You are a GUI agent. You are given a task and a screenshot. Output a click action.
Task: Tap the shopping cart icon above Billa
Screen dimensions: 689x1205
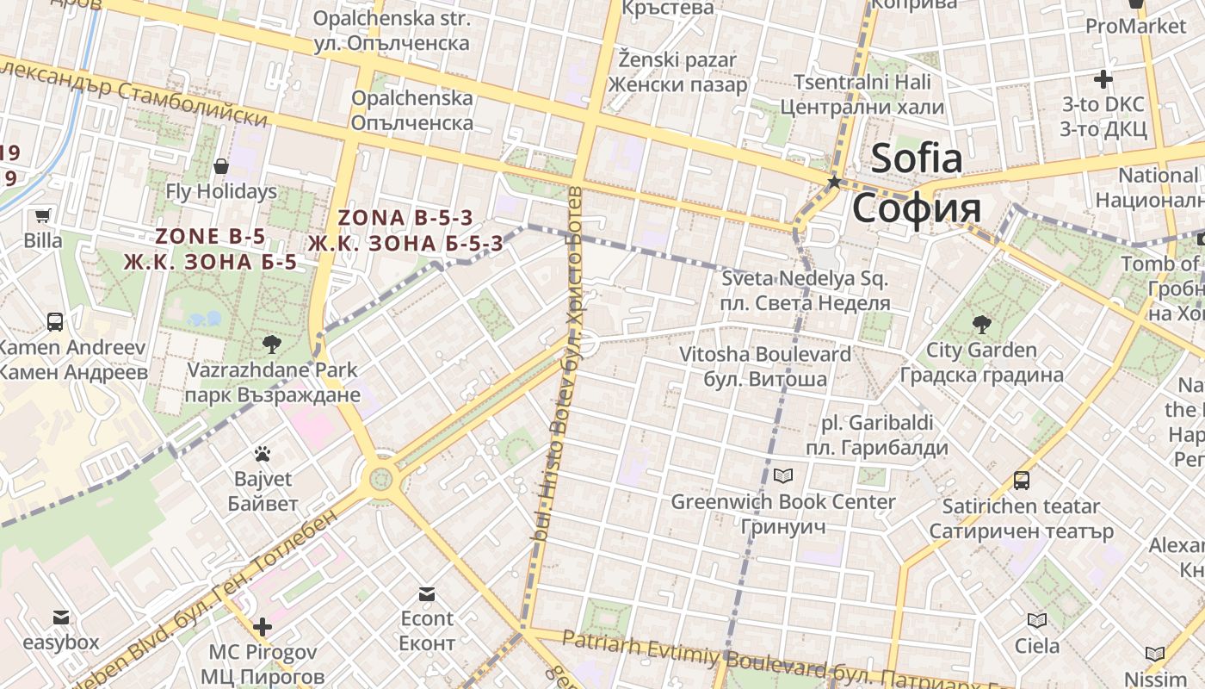tap(42, 215)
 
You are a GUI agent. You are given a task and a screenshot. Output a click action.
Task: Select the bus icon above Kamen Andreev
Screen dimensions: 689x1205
tap(55, 322)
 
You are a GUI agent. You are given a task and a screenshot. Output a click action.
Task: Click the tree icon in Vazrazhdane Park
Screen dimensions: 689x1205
tap(271, 344)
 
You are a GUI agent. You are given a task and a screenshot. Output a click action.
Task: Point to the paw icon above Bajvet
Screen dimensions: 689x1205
tap(263, 453)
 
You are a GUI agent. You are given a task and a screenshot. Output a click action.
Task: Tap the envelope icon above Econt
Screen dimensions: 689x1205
tap(426, 593)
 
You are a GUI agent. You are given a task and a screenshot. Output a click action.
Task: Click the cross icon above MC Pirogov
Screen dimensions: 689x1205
tap(263, 626)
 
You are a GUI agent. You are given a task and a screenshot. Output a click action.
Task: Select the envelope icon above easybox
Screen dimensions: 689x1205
tap(60, 617)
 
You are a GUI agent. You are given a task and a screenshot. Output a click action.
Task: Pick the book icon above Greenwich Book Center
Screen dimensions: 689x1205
tap(782, 475)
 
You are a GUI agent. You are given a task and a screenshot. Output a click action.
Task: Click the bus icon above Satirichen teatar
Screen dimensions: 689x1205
tap(1021, 480)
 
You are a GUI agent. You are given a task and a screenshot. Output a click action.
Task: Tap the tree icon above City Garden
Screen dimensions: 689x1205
tap(980, 325)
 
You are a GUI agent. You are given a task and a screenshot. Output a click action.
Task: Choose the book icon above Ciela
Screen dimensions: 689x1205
tap(1037, 620)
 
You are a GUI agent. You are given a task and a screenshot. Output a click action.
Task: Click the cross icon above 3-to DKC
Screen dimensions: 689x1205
tap(1103, 80)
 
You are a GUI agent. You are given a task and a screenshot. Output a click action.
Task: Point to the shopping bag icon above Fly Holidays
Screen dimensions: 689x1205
tap(221, 165)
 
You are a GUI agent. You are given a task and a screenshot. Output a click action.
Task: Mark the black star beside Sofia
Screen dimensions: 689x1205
tap(833, 182)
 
